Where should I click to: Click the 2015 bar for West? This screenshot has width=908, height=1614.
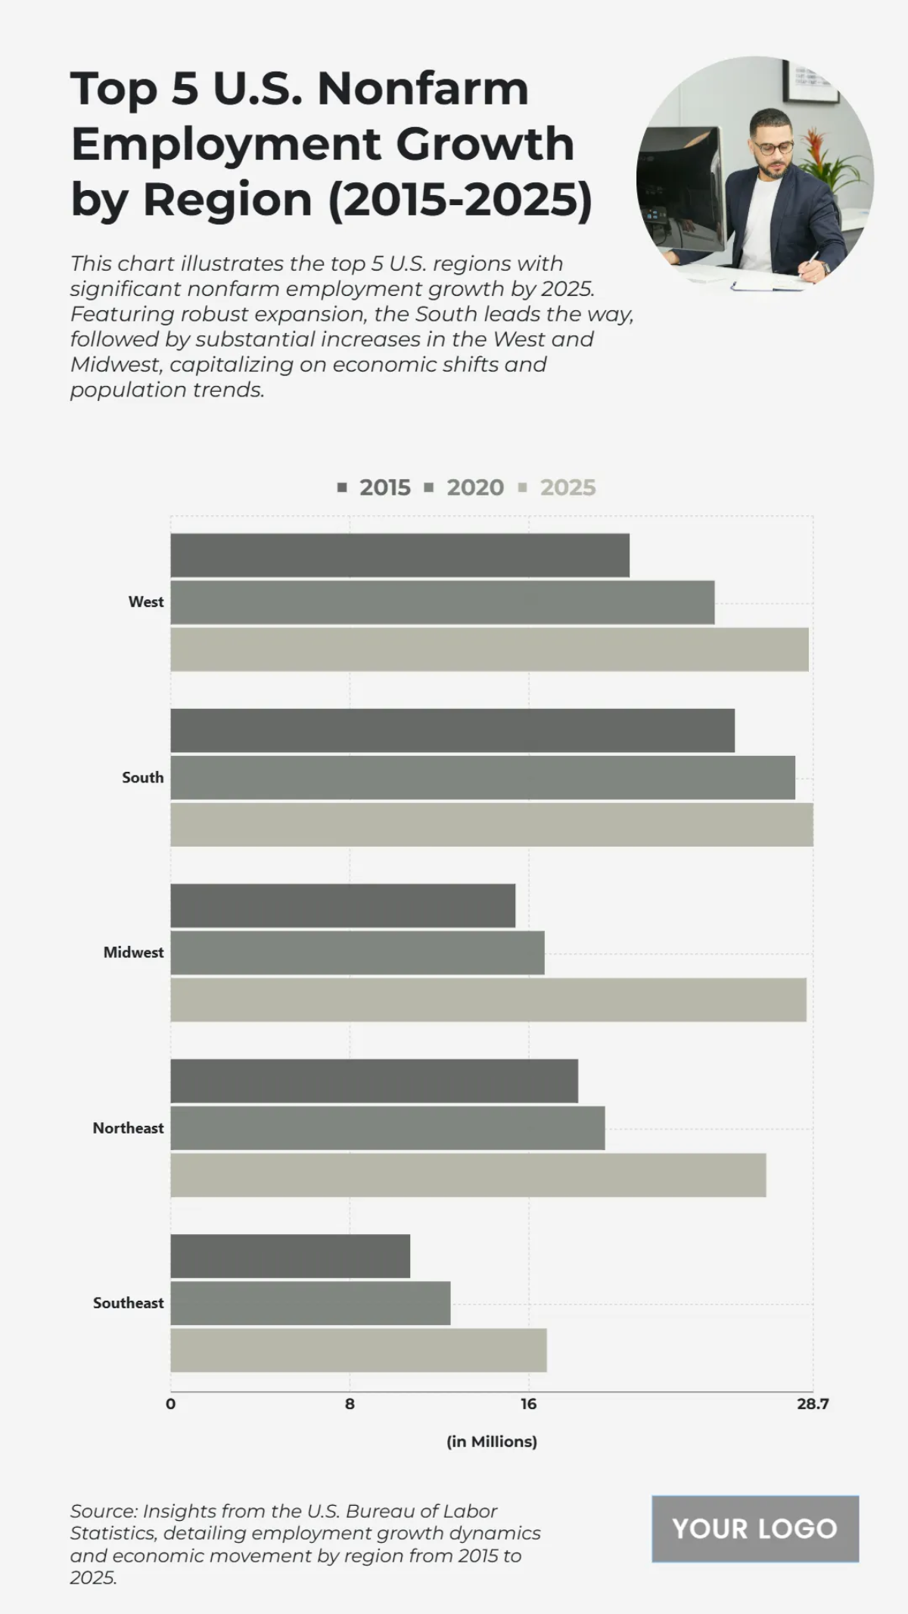[x=400, y=555]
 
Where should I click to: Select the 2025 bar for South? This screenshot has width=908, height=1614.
[x=492, y=825]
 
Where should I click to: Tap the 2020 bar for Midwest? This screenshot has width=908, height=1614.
[x=357, y=953]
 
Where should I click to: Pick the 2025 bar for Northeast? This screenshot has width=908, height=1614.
[x=468, y=1175]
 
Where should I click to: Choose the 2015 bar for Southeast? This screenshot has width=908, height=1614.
[x=290, y=1256]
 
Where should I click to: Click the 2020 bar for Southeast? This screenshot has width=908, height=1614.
[x=310, y=1303]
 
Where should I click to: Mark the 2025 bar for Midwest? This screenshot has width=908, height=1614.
[x=488, y=1000]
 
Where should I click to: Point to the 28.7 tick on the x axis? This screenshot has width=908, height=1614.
[x=812, y=1404]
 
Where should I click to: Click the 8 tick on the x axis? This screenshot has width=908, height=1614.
[x=350, y=1404]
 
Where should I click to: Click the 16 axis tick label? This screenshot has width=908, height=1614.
[x=528, y=1404]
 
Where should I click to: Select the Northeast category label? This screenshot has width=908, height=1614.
[x=128, y=1128]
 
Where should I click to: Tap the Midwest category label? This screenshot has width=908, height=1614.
[x=133, y=953]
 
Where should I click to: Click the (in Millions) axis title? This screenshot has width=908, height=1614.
[x=492, y=1441]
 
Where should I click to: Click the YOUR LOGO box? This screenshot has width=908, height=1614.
[x=754, y=1528]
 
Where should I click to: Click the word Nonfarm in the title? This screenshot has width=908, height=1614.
[x=422, y=89]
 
